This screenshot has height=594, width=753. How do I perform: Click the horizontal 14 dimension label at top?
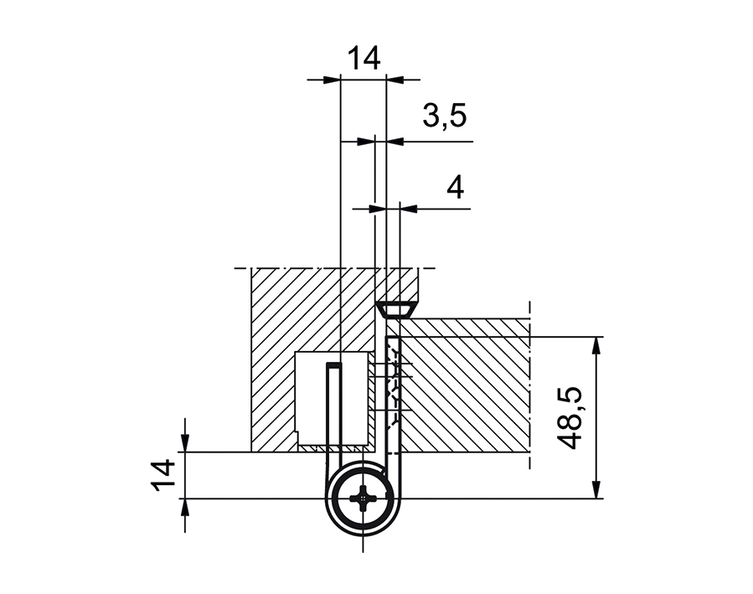(364, 59)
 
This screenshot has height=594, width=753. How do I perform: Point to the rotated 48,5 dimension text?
(572, 418)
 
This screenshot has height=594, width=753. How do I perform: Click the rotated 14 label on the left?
(164, 476)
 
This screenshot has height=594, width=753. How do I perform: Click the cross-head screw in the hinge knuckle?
(363, 499)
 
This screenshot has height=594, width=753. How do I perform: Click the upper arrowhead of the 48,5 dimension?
(596, 344)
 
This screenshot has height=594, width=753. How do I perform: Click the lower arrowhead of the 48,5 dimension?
(596, 491)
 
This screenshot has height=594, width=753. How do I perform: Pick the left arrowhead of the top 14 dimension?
(333, 80)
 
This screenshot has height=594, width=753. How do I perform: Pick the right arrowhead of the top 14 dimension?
(394, 80)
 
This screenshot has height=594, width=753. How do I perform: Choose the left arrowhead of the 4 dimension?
(366, 207)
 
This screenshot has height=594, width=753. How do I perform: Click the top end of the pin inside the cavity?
(334, 366)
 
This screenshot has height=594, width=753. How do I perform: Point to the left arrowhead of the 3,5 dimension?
(366, 142)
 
